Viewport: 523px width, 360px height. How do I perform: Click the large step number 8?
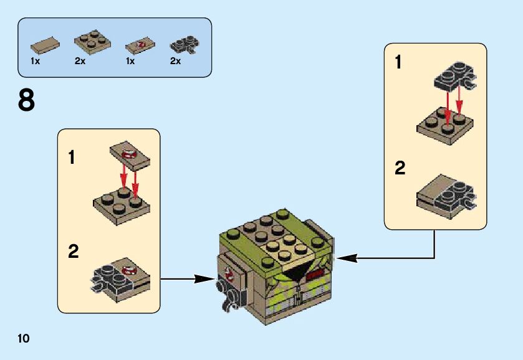26,100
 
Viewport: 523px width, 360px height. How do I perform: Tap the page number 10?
24,339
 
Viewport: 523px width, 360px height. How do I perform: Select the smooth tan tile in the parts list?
45,45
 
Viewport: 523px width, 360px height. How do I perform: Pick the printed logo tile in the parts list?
138,45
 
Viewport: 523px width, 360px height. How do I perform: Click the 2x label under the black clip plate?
175,62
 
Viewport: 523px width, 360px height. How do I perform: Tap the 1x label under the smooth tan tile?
35,62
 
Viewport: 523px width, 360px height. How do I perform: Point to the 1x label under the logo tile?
130,62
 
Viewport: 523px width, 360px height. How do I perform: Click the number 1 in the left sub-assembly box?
72,157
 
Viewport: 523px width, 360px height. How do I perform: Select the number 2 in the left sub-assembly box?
74,252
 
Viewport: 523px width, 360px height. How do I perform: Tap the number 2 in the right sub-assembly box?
400,168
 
